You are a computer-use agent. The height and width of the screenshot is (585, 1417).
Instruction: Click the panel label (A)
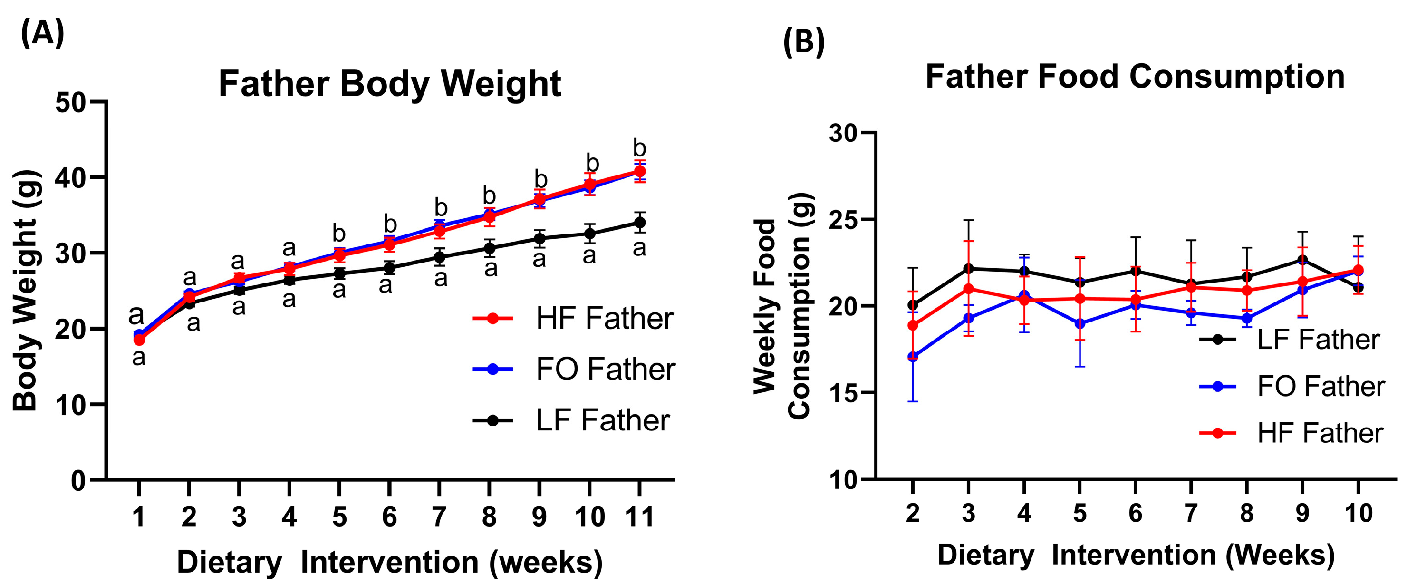42,33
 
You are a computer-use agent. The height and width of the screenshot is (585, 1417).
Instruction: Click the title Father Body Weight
389,84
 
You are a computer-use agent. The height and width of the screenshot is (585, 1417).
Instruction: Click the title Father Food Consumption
1135,77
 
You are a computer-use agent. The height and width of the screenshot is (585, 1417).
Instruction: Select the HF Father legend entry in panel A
604,318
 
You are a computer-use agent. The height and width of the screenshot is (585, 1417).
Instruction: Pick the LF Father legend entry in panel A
602,420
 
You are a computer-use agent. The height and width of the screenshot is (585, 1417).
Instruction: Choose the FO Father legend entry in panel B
1320,386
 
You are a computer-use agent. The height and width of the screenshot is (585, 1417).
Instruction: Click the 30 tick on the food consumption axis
843,133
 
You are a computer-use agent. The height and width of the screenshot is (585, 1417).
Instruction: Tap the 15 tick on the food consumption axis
843,393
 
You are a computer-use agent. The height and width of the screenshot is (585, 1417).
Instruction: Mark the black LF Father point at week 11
639,222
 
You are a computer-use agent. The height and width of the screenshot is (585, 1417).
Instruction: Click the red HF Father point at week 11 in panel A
639,171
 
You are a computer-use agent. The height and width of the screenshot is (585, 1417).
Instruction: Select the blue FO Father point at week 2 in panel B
913,357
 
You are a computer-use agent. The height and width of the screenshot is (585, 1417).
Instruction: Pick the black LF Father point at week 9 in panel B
1302,260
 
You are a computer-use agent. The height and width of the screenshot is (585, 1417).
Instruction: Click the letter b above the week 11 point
639,148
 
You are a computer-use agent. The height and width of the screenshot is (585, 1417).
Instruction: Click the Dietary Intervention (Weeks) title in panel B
1136,555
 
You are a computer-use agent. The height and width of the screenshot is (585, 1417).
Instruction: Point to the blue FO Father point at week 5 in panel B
1080,323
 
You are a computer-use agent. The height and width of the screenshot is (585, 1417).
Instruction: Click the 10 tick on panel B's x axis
1358,513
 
